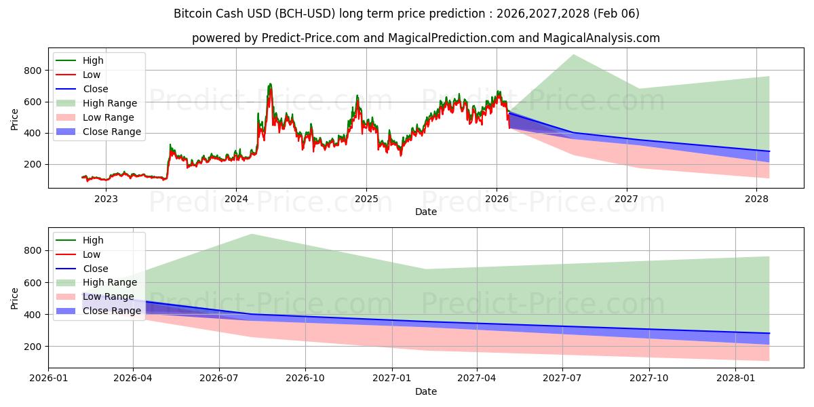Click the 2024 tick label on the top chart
click(x=236, y=199)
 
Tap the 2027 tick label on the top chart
click(x=626, y=199)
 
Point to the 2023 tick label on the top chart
click(x=106, y=199)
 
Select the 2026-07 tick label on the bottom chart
click(x=219, y=378)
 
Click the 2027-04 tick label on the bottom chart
click(x=477, y=378)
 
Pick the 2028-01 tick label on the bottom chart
click(x=736, y=378)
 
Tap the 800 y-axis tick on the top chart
click(x=33, y=71)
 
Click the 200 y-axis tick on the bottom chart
click(x=33, y=347)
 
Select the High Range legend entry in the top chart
click(x=109, y=103)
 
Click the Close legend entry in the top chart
click(x=95, y=89)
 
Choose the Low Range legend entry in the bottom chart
click(x=109, y=297)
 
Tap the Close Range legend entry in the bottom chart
click(x=111, y=311)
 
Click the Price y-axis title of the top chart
click(x=15, y=119)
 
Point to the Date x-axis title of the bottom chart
click(x=425, y=391)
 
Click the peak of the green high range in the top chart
click(x=574, y=55)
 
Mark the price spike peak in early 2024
click(x=270, y=84)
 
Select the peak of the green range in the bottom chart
click(x=252, y=235)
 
